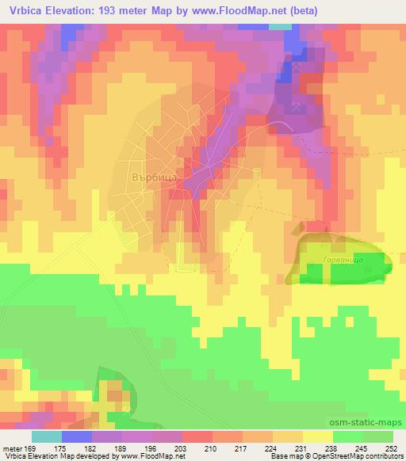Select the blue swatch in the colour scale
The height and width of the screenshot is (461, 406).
point(76,436)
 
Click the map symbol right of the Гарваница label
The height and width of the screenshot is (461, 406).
point(366,270)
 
